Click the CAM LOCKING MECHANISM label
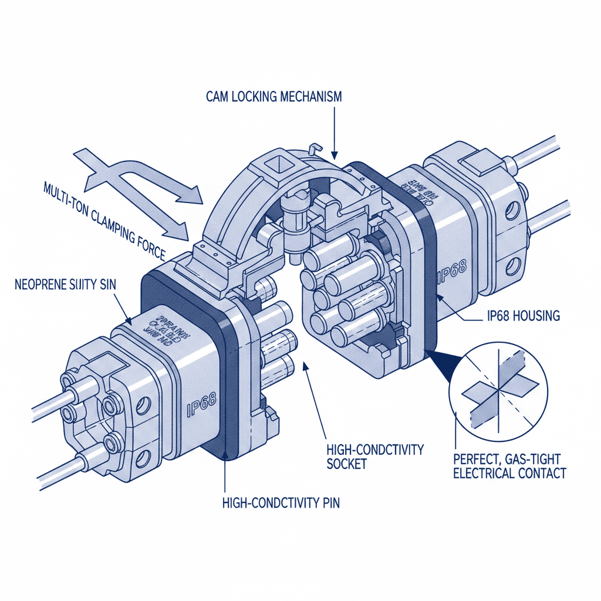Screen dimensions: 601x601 pyautogui.click(x=274, y=97)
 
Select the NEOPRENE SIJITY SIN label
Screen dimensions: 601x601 pyautogui.click(x=65, y=285)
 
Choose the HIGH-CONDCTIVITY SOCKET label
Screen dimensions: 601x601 pyautogui.click(x=374, y=457)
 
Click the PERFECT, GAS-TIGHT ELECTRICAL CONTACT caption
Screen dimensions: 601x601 pyautogui.click(x=509, y=465)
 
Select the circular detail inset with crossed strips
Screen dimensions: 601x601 pyautogui.click(x=498, y=387)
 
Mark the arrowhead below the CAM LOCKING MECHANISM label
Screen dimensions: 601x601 pyautogui.click(x=333, y=154)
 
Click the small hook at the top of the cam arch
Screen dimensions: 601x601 pyautogui.click(x=313, y=147)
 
